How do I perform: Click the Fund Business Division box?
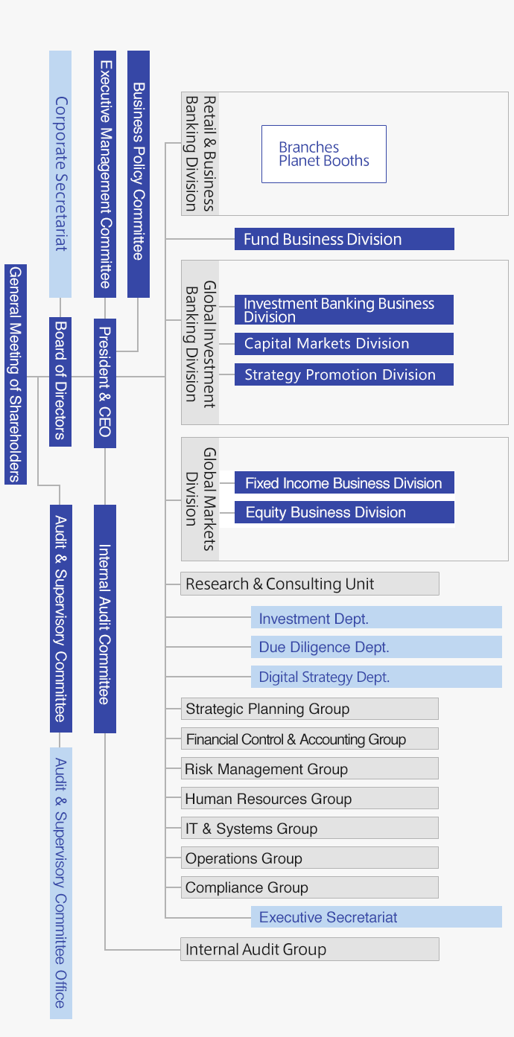[344, 239]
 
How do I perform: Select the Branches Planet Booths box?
[323, 154]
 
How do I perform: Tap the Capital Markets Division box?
[344, 344]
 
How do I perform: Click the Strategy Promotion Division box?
[344, 374]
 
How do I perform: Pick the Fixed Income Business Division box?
[344, 483]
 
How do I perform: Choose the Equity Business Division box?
[344, 512]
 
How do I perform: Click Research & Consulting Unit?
[309, 584]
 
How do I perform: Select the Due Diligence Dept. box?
[376, 647]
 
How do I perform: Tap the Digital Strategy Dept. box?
[376, 677]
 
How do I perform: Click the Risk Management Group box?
[309, 769]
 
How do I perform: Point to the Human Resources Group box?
[309, 799]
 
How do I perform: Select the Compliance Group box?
[309, 887]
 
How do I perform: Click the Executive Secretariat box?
[376, 917]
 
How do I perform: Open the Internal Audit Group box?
[309, 949]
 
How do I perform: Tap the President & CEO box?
[105, 383]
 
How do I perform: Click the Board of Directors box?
[60, 381]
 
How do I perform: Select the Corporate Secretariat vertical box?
[60, 173]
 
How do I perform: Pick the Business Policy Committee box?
[139, 173]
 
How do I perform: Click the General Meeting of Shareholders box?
[16, 374]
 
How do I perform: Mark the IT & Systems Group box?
[309, 829]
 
